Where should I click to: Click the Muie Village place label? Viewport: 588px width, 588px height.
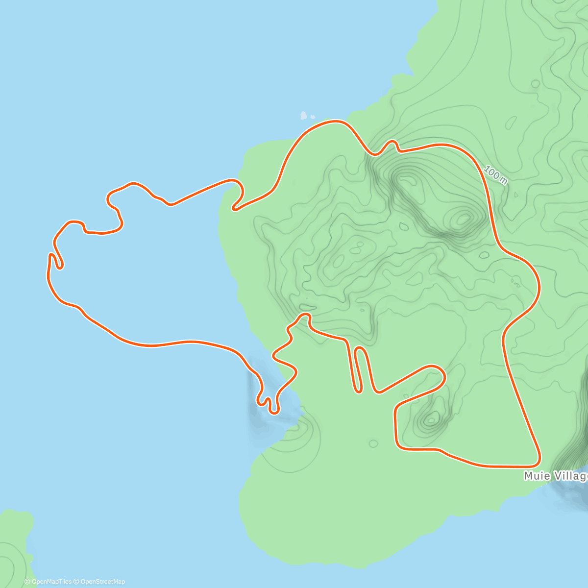coord(555,476)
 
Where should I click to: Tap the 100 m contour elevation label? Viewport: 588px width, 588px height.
coord(495,175)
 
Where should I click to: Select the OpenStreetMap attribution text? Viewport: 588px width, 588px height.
coord(102,582)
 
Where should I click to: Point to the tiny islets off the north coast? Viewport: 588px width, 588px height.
coord(306,117)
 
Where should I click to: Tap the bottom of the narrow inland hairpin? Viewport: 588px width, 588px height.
coord(358,391)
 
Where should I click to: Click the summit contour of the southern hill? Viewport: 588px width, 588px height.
coord(432,418)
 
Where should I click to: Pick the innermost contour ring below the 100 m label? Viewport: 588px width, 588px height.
coord(463,219)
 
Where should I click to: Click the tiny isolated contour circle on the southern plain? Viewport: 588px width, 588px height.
coord(373,444)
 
